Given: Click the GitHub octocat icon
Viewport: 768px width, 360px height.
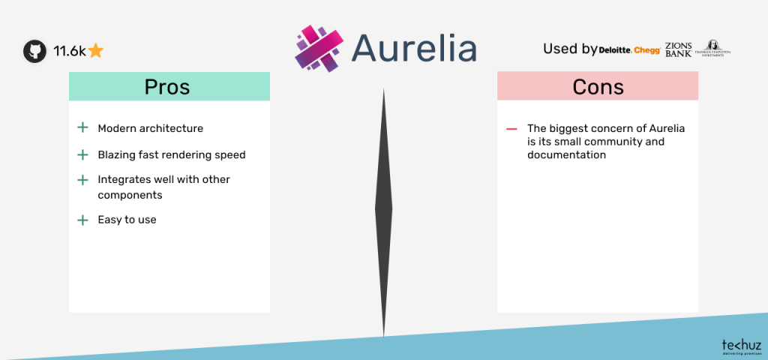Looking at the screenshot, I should (x=34, y=51).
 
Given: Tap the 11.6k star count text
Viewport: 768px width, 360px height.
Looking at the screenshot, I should (x=69, y=51).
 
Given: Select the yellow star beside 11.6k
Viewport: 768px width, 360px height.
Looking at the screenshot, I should (x=95, y=51).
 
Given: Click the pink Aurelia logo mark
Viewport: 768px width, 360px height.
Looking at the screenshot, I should (x=319, y=49).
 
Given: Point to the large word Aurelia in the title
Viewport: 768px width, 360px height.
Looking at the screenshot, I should (x=413, y=49).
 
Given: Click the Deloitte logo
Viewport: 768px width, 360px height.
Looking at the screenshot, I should (x=615, y=50).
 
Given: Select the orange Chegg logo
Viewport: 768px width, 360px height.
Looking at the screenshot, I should (x=646, y=50).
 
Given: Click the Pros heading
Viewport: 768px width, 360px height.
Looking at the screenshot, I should (x=167, y=86).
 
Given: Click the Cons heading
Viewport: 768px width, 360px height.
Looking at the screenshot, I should (x=598, y=86).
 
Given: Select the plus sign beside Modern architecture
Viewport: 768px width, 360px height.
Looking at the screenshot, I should (x=82, y=128).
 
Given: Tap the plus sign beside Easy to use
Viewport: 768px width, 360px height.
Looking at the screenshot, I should (x=82, y=220).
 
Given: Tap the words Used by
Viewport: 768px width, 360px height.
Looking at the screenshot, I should (x=570, y=49).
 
